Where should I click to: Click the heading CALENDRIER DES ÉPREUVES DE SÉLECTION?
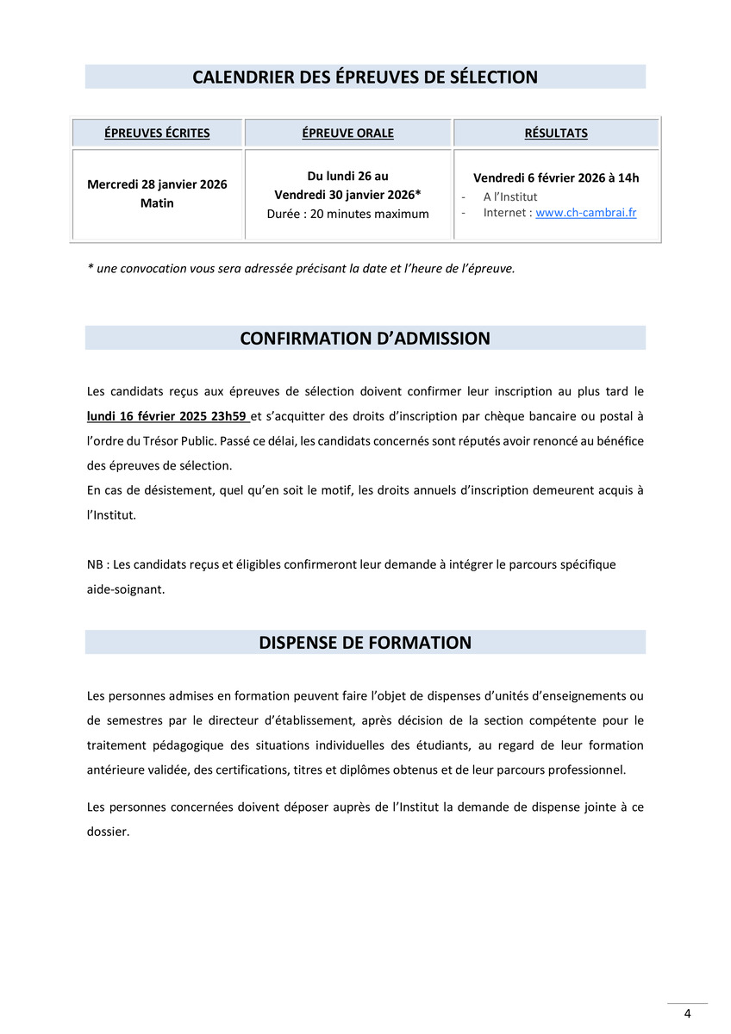pos(365,78)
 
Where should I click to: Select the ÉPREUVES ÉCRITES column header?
pos(157,133)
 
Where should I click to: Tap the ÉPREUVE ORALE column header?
pos(347,133)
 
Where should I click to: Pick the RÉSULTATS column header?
pos(556,133)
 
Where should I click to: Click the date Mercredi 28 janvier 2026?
pos(157,184)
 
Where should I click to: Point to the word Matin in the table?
pos(157,203)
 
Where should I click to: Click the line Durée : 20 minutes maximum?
pos(347,214)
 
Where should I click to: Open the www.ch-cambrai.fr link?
pos(585,212)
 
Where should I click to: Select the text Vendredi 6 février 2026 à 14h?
pos(556,178)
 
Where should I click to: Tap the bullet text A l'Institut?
pos(509,196)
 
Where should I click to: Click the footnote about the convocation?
pos(301,268)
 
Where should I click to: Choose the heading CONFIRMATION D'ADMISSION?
pos(365,339)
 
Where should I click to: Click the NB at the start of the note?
pos(95,564)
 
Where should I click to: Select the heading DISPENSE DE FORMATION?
pos(365,643)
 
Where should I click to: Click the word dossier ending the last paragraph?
pos(108,832)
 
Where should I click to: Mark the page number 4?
pos(687,1013)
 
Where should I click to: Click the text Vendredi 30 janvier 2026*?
pos(347,195)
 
